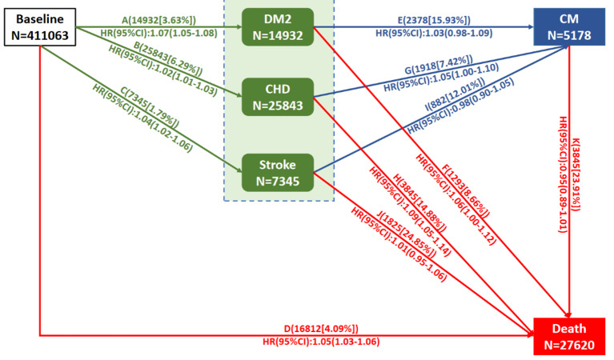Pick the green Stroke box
coord(277,171)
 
